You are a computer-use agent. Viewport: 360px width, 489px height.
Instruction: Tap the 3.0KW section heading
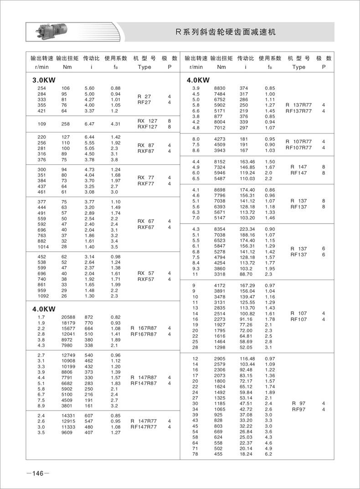44,80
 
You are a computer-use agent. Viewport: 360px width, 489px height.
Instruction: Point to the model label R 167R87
144,328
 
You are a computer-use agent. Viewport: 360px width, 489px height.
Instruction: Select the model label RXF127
147,127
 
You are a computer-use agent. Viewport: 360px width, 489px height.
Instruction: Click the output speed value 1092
41,296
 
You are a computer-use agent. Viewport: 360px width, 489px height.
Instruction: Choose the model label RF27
144,103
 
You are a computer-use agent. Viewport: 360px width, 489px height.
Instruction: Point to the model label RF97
298,410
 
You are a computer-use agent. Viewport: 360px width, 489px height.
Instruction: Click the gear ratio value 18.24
246,454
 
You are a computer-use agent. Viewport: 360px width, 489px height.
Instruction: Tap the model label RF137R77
298,111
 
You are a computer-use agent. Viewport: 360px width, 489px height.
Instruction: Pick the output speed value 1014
41,246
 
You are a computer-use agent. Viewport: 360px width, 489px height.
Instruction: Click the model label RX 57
146,273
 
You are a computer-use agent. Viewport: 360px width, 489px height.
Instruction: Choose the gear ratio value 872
89,317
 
